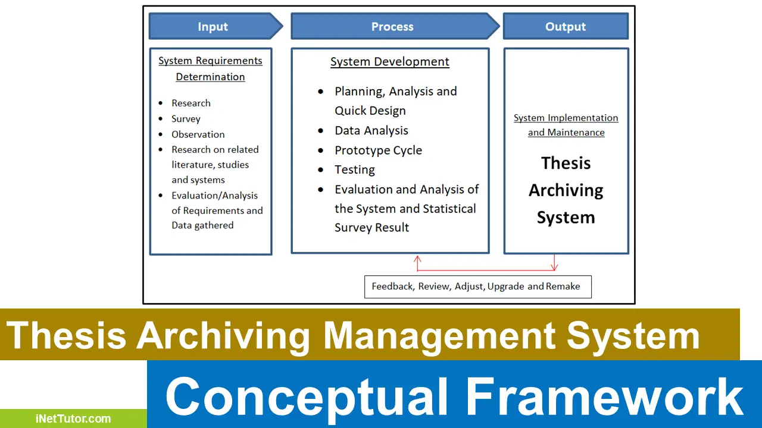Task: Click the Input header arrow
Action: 216,26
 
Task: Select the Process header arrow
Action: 395,26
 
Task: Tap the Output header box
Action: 566,26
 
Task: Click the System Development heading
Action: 390,61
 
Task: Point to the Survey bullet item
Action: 186,118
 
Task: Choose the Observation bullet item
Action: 198,134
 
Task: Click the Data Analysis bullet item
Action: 371,130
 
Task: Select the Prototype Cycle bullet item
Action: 378,150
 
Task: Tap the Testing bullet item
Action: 354,169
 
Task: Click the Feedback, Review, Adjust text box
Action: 478,287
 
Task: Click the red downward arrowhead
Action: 554,267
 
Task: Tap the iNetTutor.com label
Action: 73,418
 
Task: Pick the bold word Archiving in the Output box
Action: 566,191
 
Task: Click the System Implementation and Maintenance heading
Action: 566,125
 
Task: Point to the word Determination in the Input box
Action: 210,77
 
